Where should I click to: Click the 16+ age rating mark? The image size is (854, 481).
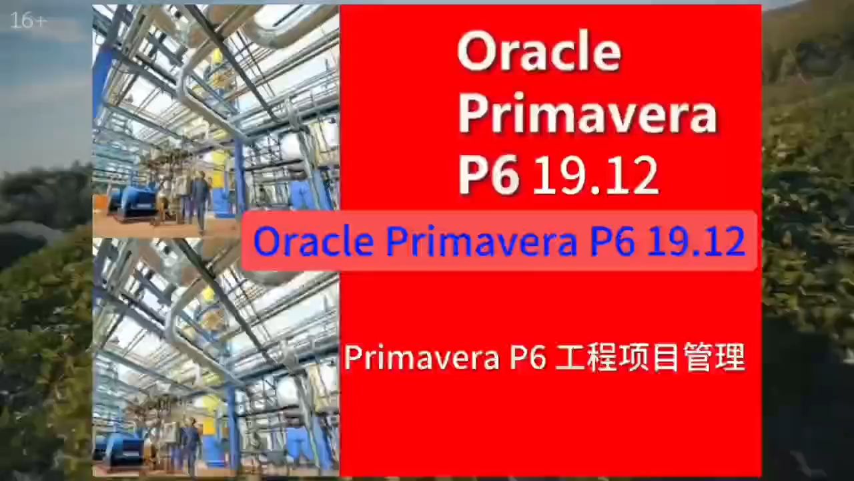[29, 21]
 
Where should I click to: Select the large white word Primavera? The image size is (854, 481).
[587, 114]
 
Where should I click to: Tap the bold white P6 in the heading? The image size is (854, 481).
[488, 175]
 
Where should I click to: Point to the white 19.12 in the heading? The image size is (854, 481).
[595, 175]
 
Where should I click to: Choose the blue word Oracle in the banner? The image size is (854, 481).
[314, 240]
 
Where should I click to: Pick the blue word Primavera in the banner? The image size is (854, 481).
[481, 240]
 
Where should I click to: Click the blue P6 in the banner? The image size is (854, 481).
[612, 240]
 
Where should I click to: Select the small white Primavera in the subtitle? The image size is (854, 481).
[422, 357]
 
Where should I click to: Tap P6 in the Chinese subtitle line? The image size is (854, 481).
[528, 357]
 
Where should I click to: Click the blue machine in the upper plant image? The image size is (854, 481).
[133, 200]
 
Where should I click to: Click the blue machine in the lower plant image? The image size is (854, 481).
[123, 450]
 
